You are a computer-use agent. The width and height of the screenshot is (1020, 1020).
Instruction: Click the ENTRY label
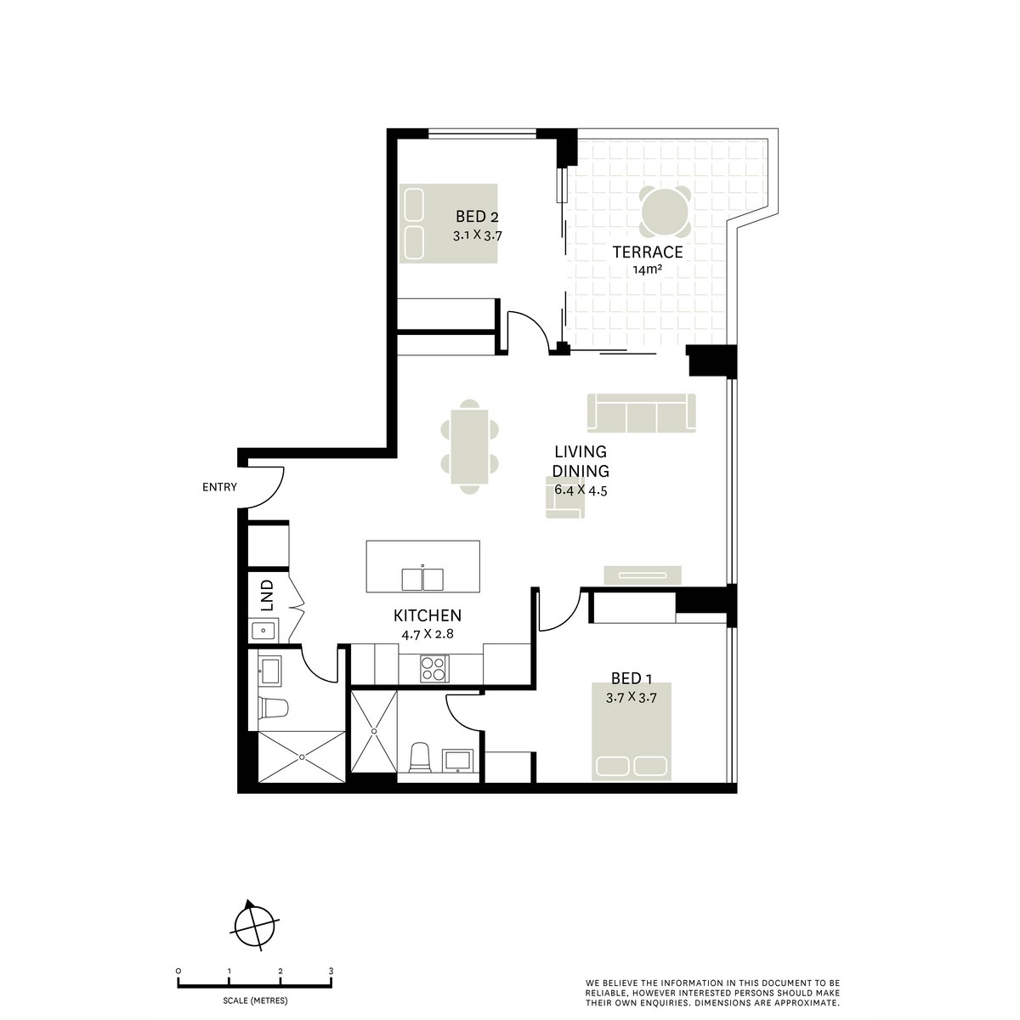click(x=219, y=487)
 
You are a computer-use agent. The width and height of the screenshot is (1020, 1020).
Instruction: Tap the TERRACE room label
click(x=648, y=252)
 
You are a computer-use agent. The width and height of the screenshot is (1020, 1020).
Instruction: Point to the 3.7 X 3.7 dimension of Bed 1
click(x=632, y=697)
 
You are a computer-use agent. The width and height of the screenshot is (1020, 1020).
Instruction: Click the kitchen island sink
click(x=422, y=579)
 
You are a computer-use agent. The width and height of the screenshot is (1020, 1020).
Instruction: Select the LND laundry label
click(x=267, y=595)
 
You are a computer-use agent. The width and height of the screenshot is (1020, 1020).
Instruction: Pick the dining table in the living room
click(x=470, y=445)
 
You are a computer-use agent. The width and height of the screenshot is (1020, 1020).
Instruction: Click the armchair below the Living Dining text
click(x=564, y=497)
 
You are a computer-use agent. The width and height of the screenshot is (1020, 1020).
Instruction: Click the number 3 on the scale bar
click(x=331, y=970)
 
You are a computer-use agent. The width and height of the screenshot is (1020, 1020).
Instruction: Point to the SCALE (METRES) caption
click(x=254, y=999)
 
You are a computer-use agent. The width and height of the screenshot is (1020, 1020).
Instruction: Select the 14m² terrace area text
click(x=648, y=271)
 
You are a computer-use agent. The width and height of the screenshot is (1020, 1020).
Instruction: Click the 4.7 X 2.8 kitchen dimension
click(x=427, y=633)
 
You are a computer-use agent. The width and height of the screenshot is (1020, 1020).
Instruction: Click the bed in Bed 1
click(x=632, y=731)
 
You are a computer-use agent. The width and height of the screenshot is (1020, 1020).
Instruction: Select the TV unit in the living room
click(x=643, y=575)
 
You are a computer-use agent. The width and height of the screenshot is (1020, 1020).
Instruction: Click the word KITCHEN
click(x=427, y=615)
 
